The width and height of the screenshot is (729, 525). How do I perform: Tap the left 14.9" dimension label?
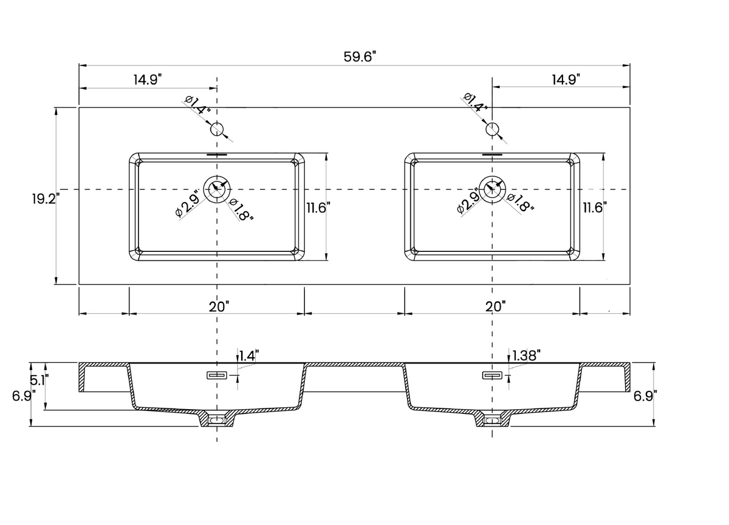coord(146,79)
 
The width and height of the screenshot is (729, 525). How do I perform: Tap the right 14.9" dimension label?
coord(566,79)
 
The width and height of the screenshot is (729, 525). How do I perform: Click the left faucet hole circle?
coord(217,129)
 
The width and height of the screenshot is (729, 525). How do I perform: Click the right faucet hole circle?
coord(493,129)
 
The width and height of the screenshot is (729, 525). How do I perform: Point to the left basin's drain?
coord(217,189)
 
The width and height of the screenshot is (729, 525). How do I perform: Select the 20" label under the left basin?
coord(219,307)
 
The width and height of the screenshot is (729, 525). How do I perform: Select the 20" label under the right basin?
coord(496,307)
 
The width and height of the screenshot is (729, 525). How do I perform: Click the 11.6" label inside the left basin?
coord(317,208)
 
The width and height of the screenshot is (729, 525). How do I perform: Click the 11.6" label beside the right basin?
coord(595,208)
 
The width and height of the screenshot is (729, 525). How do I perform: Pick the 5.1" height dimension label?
coord(39,381)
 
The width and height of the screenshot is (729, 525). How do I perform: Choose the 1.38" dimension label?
coord(526,356)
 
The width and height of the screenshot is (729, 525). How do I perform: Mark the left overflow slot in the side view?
coord(217,376)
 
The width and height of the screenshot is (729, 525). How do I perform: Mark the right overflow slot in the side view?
coord(492,376)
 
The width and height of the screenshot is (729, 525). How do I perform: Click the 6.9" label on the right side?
coord(645,396)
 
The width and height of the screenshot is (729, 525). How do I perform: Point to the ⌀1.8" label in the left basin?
coord(242,209)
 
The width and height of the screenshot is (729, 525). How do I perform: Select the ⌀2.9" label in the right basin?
coord(469,203)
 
